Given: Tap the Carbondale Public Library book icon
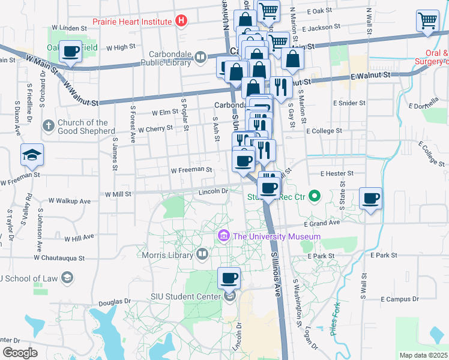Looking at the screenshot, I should click(200, 58).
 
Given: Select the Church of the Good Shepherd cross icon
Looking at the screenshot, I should click(49, 126).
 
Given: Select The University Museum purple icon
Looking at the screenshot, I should click(224, 236).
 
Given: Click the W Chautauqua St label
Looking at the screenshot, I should click(59, 258).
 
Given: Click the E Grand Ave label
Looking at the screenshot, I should click(322, 223).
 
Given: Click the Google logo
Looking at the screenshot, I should click(19, 353).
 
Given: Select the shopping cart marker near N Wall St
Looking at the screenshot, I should click(427, 21).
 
